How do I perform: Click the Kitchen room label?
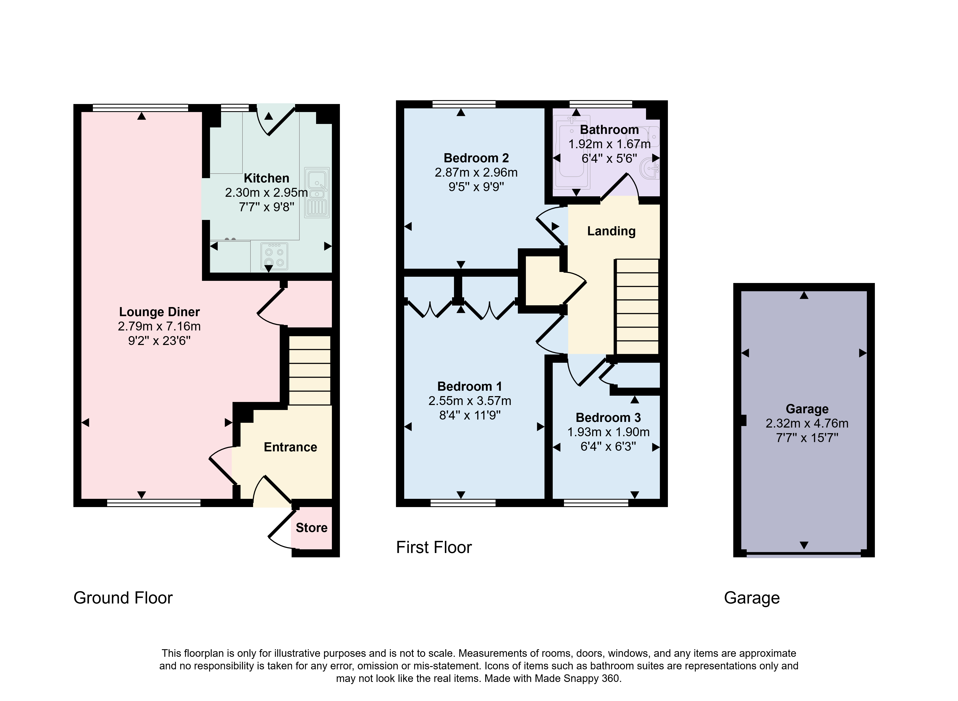[266, 178]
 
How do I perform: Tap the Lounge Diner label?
[159, 312]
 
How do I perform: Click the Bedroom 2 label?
[476, 158]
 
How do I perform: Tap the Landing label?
[611, 231]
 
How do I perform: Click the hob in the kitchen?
[274, 256]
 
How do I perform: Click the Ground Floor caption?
[123, 598]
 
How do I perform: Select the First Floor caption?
[434, 547]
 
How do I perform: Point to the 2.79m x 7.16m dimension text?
[159, 326]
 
